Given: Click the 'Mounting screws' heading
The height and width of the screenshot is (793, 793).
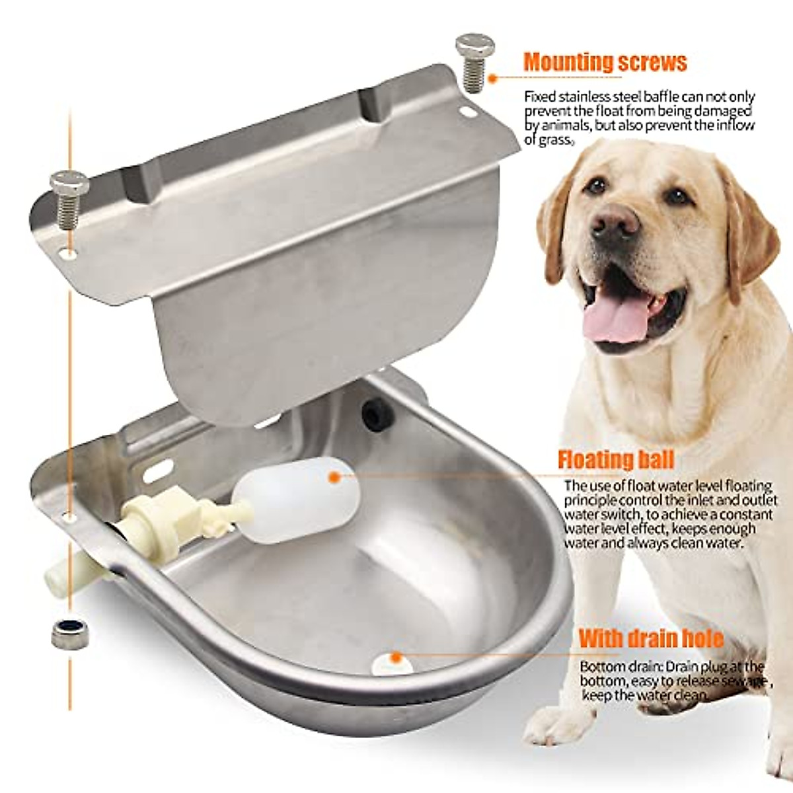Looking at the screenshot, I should point(605,62).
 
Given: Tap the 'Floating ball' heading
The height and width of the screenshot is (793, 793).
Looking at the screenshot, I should point(615,459).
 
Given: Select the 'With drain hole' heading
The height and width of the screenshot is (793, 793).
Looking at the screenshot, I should point(651,639).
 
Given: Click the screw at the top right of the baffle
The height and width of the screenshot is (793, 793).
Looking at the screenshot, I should point(474,61).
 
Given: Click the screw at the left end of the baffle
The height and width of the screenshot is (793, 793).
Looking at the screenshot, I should point(69,197).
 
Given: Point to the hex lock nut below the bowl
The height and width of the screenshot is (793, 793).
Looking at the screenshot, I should point(69,634).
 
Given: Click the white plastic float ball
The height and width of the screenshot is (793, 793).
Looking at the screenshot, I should point(297,499).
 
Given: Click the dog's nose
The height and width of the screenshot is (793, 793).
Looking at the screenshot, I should point(615,222).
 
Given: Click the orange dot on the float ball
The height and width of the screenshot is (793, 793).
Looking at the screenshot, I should point(334,476).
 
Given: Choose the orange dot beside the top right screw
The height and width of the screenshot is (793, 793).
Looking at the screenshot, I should point(493,78).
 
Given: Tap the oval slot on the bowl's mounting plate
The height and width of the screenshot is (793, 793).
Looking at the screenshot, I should point(158,471).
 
